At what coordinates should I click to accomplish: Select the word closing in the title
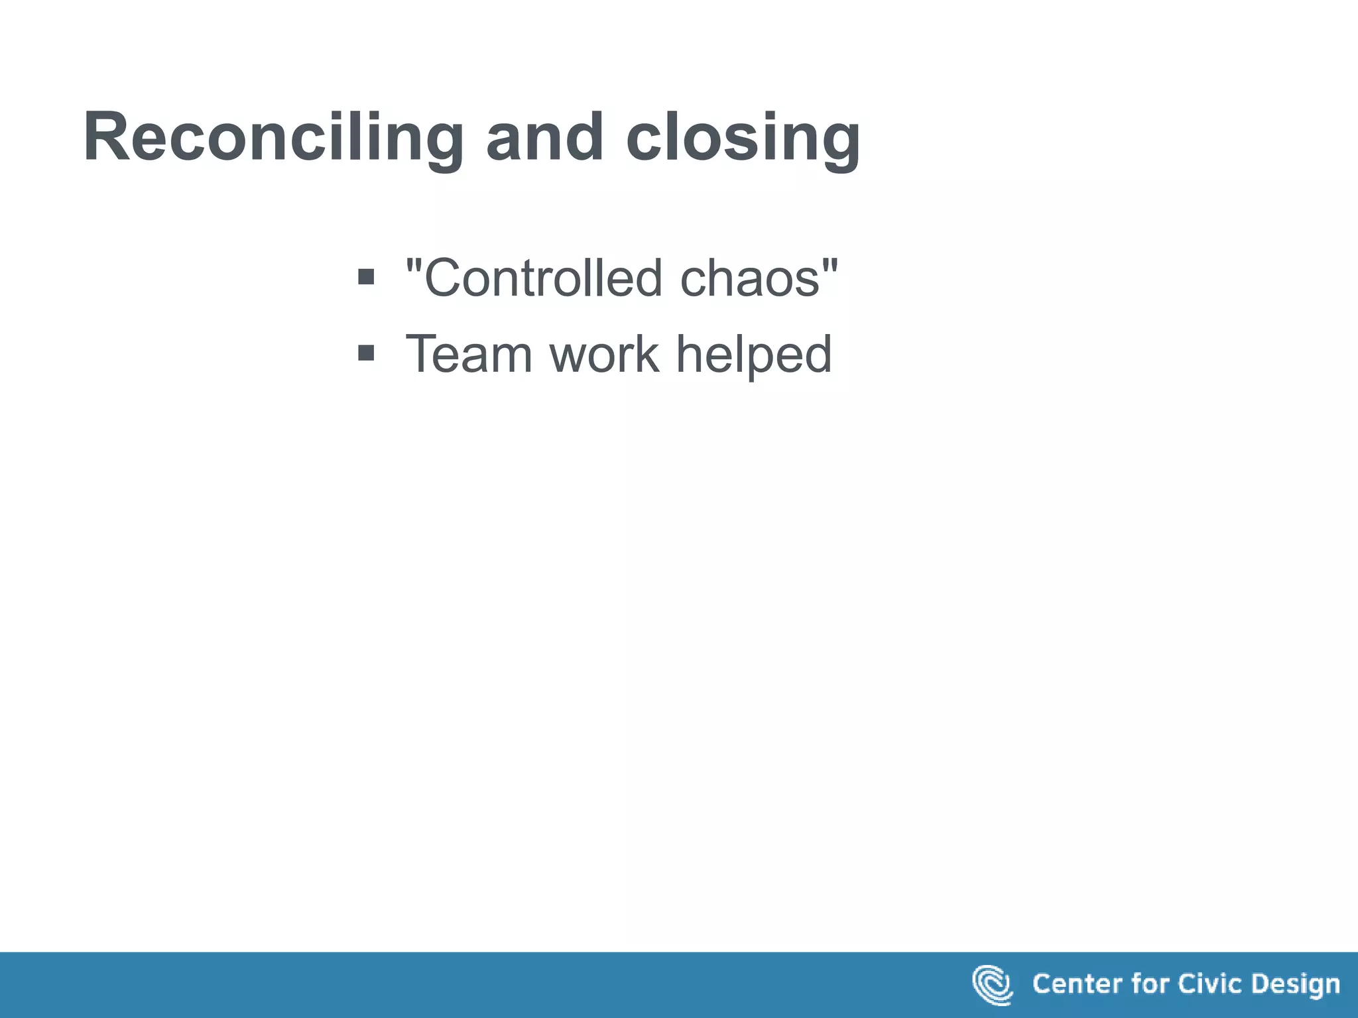coord(743,137)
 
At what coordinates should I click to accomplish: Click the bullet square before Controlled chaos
coord(366,276)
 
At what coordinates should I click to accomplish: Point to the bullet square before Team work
coord(366,352)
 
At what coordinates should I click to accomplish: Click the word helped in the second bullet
coord(754,355)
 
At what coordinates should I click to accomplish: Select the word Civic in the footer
coord(1210,984)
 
